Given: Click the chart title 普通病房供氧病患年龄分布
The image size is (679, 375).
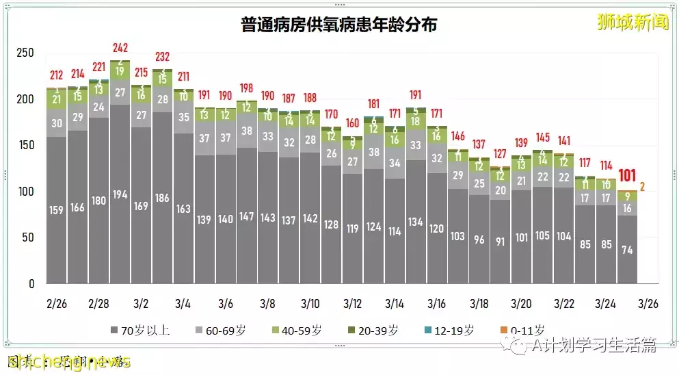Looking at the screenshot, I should (x=339, y=25).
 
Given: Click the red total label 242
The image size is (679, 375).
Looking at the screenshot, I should (x=120, y=48).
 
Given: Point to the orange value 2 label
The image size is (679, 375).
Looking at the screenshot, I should (x=642, y=186).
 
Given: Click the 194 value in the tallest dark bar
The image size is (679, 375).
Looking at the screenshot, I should (x=120, y=195).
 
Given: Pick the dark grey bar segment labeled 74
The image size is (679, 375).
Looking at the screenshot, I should (x=626, y=250).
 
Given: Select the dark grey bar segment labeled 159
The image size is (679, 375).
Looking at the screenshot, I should (x=56, y=210).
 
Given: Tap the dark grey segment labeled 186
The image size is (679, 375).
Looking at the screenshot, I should (x=162, y=198).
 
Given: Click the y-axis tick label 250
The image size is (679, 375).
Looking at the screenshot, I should (x=25, y=53).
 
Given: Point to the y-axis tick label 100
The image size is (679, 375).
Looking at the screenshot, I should (x=25, y=192).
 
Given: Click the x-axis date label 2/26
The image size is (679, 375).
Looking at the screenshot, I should (x=56, y=303).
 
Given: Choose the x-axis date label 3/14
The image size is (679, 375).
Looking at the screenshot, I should (x=395, y=303).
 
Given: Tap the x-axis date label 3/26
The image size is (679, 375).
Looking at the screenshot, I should (x=648, y=303).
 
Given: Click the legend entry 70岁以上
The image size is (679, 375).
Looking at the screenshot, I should (x=139, y=331).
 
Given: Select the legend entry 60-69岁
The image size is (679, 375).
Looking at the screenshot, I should (x=220, y=331).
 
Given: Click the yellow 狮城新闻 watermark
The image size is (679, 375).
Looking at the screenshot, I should (x=632, y=22).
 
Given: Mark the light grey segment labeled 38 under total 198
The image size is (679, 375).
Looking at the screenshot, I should (x=246, y=131).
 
